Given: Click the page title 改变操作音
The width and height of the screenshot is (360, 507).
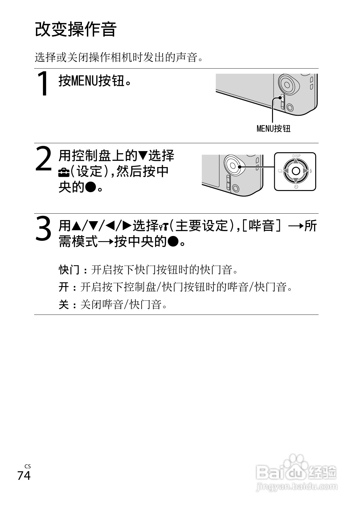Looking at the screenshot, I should click(x=76, y=30).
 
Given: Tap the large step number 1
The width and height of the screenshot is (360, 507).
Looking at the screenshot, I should click(x=44, y=84).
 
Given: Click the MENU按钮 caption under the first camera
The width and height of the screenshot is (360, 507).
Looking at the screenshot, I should click(x=273, y=129).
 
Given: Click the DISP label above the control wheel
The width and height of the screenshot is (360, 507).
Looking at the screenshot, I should click(x=296, y=156).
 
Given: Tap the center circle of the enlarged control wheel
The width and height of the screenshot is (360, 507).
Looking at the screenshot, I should click(x=296, y=171).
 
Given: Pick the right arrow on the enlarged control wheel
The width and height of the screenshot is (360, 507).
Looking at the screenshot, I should click(x=306, y=171).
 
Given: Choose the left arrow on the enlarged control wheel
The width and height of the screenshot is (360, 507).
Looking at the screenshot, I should click(x=286, y=171).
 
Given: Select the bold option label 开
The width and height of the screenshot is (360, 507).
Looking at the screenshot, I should click(x=64, y=287).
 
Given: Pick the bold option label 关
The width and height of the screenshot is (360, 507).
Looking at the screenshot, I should click(x=64, y=304).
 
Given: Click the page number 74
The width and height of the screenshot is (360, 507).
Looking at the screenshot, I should click(x=24, y=476).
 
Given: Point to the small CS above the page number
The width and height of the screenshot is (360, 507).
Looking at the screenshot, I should click(x=28, y=467).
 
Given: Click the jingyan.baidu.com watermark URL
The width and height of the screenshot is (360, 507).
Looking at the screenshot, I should click(x=296, y=487).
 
